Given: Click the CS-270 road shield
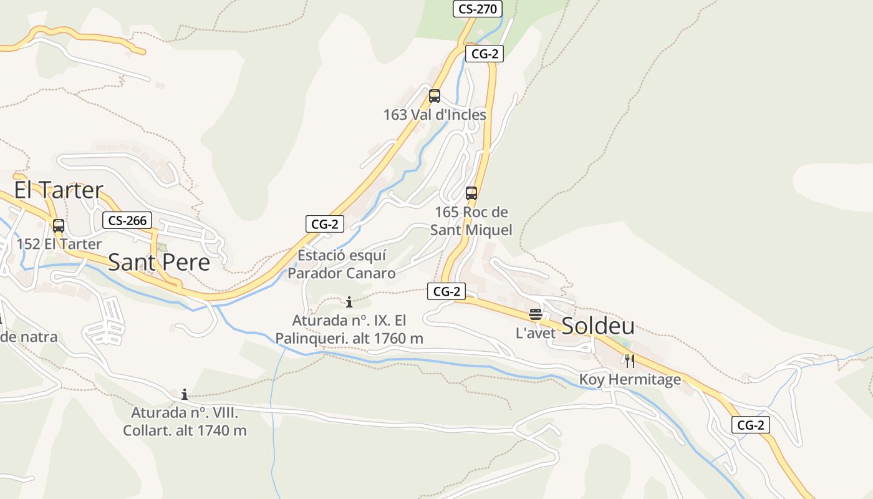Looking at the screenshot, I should [476, 9].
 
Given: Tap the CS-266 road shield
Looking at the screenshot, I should [127, 220].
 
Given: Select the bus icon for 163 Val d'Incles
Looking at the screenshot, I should [435, 96].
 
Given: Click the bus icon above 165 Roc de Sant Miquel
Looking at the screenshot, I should [471, 193].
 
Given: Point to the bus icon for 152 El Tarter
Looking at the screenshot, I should [59, 226].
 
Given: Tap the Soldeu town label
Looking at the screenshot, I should [598, 326].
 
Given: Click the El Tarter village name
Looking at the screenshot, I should [59, 190].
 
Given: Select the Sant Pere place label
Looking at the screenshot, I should [159, 262].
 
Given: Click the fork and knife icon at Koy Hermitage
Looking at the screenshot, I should [630, 361].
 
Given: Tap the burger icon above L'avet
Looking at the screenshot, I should [535, 314].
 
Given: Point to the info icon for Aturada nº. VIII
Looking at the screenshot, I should [185, 394].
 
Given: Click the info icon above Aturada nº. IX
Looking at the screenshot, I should [349, 303].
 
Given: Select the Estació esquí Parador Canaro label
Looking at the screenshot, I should [342, 264].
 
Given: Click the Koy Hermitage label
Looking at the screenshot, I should [630, 379].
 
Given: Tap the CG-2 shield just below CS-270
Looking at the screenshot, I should [485, 54].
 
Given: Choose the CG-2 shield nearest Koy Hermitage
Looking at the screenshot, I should [751, 425].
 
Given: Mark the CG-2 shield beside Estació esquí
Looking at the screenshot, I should [325, 224].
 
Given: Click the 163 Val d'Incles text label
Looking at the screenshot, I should [435, 115].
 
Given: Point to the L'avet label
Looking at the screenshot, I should [535, 333].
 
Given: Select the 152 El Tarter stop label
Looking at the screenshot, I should [59, 243].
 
